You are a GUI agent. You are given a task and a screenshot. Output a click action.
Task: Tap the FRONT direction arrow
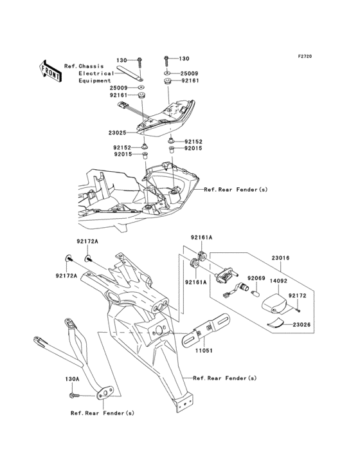tap(51, 69)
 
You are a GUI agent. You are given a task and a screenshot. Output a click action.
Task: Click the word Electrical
tap(96, 73)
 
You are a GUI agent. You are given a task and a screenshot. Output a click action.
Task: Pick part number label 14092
tap(277, 281)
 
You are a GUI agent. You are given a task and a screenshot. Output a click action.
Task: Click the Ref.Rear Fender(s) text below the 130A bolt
tap(102, 413)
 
